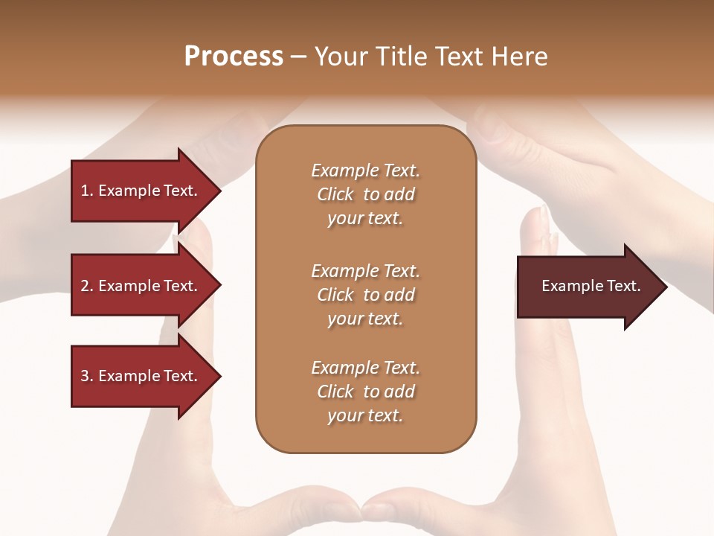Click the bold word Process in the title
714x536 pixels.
click(x=234, y=57)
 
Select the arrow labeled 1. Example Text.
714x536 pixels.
click(x=139, y=191)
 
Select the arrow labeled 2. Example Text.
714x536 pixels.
click(x=139, y=286)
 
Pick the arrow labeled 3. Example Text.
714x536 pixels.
click(x=139, y=376)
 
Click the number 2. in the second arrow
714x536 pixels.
click(x=87, y=286)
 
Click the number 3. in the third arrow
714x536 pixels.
click(x=87, y=376)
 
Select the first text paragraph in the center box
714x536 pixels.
click(x=365, y=194)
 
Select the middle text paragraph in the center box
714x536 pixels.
click(x=365, y=295)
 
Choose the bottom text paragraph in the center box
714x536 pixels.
click(x=365, y=392)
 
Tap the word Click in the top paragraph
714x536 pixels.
click(x=335, y=194)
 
